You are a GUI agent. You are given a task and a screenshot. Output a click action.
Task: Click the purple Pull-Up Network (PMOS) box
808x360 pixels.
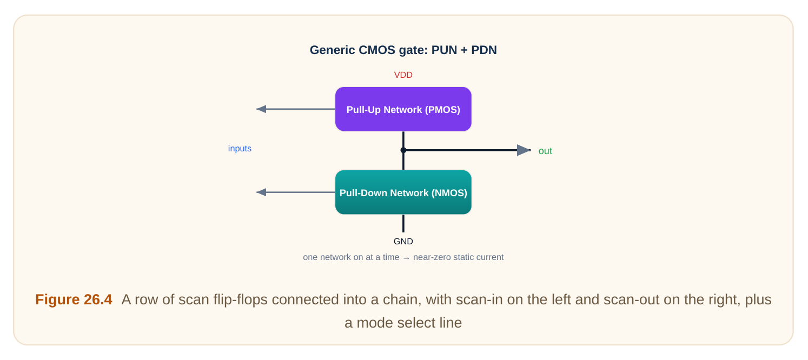coord(403,109)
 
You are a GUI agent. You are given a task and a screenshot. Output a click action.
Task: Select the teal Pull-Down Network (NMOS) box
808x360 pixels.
coord(403,192)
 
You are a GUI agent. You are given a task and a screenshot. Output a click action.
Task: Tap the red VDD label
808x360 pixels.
coord(403,75)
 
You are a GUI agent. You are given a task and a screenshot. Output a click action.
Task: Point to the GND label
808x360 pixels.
coord(403,242)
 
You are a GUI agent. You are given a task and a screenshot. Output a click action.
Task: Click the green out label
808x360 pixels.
coord(545,151)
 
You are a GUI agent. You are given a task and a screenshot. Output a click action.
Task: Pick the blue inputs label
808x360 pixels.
coord(240,149)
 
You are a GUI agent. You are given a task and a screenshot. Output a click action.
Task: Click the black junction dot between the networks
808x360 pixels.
coord(403,150)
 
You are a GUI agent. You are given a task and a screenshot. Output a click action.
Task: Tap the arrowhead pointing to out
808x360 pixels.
coord(524,150)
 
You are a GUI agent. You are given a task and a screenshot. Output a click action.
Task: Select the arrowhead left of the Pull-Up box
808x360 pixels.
coord(261,109)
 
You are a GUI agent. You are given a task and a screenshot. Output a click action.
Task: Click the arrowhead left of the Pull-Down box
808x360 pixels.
coord(261,192)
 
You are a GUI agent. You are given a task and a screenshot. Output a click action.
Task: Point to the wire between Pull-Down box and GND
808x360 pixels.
coord(403,223)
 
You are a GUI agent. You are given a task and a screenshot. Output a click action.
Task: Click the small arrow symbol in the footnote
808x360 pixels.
coord(406,258)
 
